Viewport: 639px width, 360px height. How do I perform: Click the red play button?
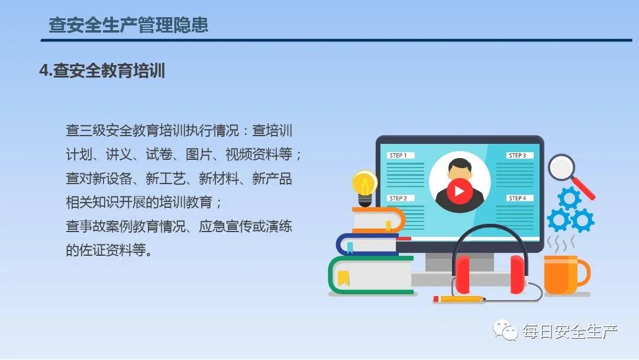(x=460, y=191)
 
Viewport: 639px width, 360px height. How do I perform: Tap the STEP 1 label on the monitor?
(x=400, y=155)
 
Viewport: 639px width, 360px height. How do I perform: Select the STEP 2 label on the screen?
(x=400, y=198)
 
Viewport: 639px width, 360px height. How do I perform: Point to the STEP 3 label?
(x=519, y=155)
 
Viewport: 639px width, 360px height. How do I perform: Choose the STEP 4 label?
(x=519, y=198)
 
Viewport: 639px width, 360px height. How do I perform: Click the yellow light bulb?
(x=364, y=188)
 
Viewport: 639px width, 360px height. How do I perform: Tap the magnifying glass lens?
(x=561, y=167)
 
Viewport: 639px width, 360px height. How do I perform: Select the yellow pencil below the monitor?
(x=459, y=299)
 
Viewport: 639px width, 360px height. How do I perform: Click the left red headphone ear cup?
(x=463, y=274)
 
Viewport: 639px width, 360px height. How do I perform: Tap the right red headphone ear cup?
(x=517, y=274)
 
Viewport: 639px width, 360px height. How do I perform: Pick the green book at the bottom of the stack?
(x=371, y=275)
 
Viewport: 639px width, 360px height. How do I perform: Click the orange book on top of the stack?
(x=379, y=220)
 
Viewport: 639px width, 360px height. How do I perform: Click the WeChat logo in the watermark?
(x=505, y=330)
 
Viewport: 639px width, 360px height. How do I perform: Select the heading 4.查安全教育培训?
(x=102, y=70)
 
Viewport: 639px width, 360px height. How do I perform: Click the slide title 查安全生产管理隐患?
(x=128, y=25)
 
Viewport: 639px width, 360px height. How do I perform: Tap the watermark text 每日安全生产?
(x=570, y=332)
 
